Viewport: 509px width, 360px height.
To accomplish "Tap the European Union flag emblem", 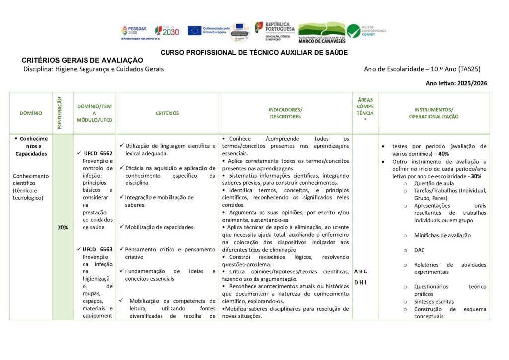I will (194, 30).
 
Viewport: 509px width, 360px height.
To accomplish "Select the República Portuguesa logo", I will (275, 29).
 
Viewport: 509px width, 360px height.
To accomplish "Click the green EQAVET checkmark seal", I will (354, 31).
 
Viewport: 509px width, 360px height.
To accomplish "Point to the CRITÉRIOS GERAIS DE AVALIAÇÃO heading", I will (82, 60).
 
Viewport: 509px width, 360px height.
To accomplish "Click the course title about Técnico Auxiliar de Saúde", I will (254, 52).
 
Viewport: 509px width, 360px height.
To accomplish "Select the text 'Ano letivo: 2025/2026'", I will (456, 83).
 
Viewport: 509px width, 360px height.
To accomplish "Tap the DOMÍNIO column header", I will (31, 113).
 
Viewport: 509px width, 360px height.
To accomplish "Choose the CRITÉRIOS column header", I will (167, 113).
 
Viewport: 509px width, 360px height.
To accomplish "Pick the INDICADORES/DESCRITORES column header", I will (285, 113).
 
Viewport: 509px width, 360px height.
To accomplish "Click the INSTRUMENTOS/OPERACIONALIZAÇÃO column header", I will (433, 113).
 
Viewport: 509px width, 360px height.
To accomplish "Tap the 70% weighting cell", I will (63, 227).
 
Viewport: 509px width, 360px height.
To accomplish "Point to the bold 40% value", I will (443, 154).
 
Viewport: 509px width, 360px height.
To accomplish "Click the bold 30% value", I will (476, 176).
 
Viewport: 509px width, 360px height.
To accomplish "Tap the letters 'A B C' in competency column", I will (361, 271).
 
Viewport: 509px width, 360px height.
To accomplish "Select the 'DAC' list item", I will (419, 250).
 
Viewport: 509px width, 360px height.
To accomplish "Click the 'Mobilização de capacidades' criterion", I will (160, 227).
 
